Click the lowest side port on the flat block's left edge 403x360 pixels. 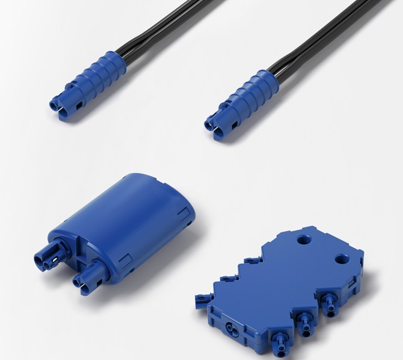click(x=200, y=296)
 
